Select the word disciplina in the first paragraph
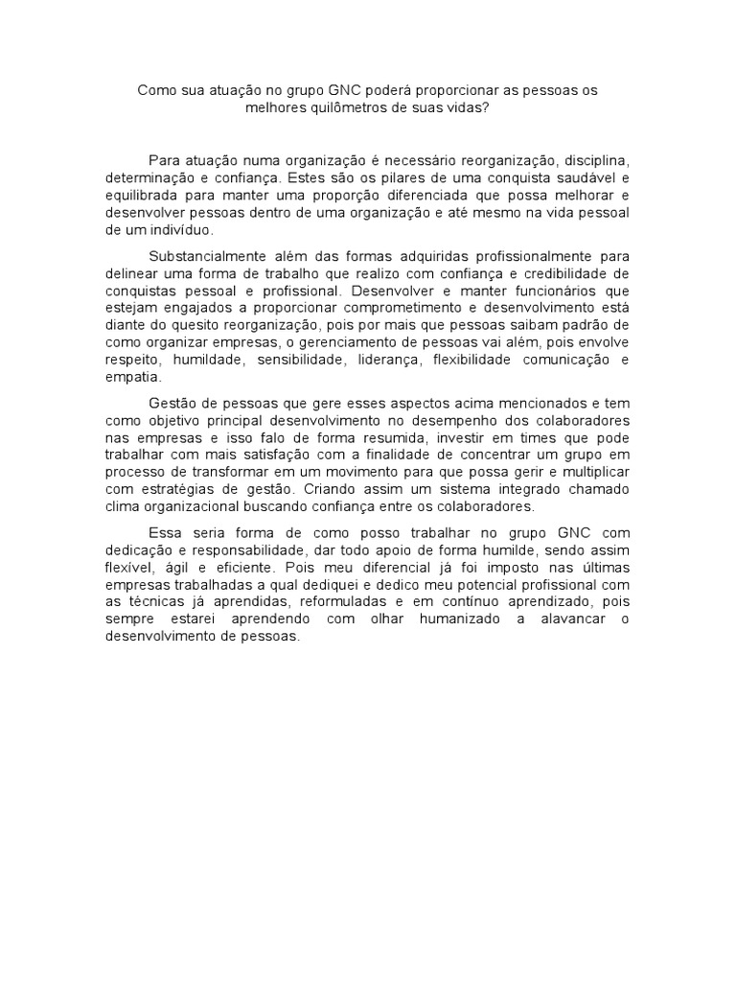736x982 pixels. click(594, 159)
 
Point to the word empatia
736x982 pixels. click(129, 378)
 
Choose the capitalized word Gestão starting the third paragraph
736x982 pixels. click(173, 403)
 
